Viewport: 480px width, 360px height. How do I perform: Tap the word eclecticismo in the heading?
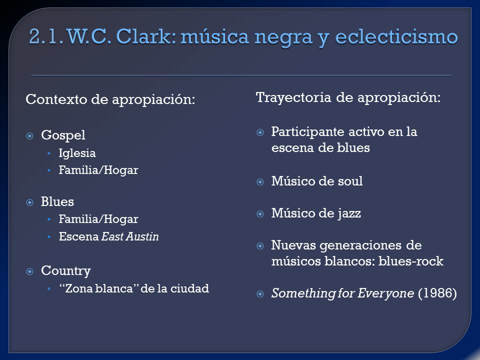click(396, 36)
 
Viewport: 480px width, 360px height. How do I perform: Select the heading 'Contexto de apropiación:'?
click(110, 99)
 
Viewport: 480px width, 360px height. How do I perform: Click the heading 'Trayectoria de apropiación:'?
click(348, 97)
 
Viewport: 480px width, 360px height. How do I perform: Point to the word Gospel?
click(63, 135)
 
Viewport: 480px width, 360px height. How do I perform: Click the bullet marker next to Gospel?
click(29, 135)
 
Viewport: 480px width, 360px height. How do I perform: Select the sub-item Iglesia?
click(77, 153)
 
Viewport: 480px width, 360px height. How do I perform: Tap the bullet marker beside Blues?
click(29, 202)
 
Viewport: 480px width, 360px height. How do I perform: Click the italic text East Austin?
click(130, 236)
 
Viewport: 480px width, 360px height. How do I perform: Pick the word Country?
click(66, 271)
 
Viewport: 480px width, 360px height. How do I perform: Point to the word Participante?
click(308, 132)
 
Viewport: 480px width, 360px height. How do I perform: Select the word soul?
click(350, 181)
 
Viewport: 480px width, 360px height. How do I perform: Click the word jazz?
click(349, 213)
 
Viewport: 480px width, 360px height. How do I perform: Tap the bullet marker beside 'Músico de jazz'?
click(260, 213)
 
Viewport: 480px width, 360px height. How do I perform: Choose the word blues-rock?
click(411, 261)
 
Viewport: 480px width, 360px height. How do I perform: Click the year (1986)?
click(437, 293)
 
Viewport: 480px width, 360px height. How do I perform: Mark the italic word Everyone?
click(385, 293)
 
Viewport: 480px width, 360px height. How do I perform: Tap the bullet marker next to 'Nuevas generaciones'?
click(260, 246)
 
